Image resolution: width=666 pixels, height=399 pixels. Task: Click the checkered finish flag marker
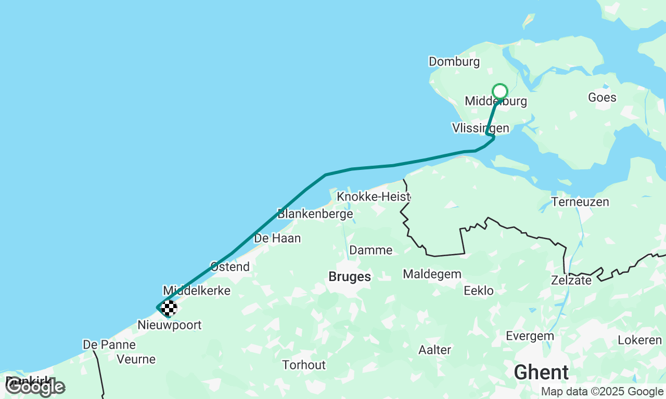pos(169,309)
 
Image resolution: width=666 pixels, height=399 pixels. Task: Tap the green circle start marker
pos(500,91)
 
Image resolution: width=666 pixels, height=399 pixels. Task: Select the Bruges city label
pos(350,277)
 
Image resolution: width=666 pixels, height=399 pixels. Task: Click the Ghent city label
pos(541,373)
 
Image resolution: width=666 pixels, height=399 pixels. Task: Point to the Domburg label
pos(454,62)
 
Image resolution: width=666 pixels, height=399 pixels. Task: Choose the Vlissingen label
pos(480,128)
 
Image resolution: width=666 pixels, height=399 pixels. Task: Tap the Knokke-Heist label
pos(373,197)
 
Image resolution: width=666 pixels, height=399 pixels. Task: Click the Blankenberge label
pos(315,214)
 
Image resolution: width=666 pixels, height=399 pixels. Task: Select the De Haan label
pos(277,238)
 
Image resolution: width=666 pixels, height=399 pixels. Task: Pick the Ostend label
pos(230,267)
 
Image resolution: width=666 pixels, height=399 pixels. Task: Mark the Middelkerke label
pos(197,290)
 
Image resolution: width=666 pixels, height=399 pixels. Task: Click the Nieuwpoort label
pos(169,326)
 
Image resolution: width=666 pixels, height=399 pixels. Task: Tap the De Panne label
pos(109,344)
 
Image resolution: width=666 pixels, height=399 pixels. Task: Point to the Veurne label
pos(136,359)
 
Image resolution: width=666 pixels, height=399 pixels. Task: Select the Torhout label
pos(304,365)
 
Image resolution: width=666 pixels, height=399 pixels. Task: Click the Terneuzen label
pos(580,202)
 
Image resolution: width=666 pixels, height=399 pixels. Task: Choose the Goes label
pos(602,97)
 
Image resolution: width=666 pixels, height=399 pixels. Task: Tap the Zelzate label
pos(571,281)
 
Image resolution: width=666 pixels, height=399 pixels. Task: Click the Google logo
pos(35,387)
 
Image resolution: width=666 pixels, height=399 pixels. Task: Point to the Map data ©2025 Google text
pos(602,392)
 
